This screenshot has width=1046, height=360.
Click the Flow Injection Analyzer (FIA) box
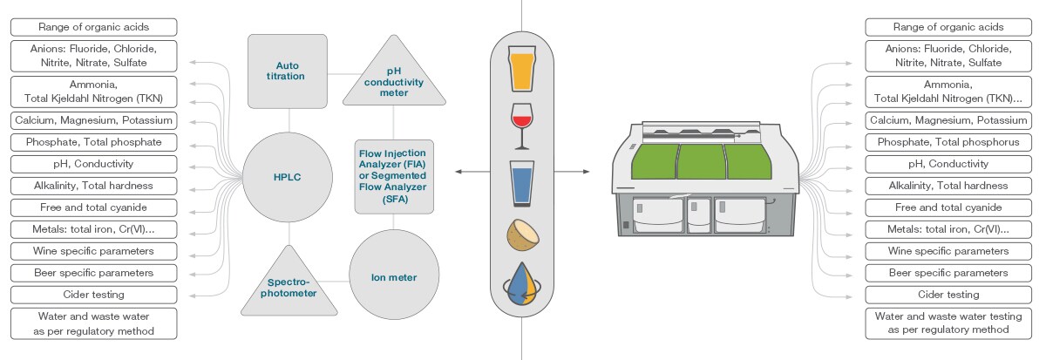(x=393, y=175)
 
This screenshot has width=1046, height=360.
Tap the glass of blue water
(x=522, y=181)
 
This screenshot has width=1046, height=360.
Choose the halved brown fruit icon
(x=521, y=235)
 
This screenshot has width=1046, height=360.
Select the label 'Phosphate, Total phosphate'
(x=92, y=142)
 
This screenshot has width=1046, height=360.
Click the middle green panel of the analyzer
(x=702, y=162)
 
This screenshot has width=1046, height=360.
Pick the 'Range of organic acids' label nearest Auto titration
(x=92, y=27)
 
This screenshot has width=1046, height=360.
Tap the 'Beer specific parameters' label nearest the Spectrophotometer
(x=92, y=273)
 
